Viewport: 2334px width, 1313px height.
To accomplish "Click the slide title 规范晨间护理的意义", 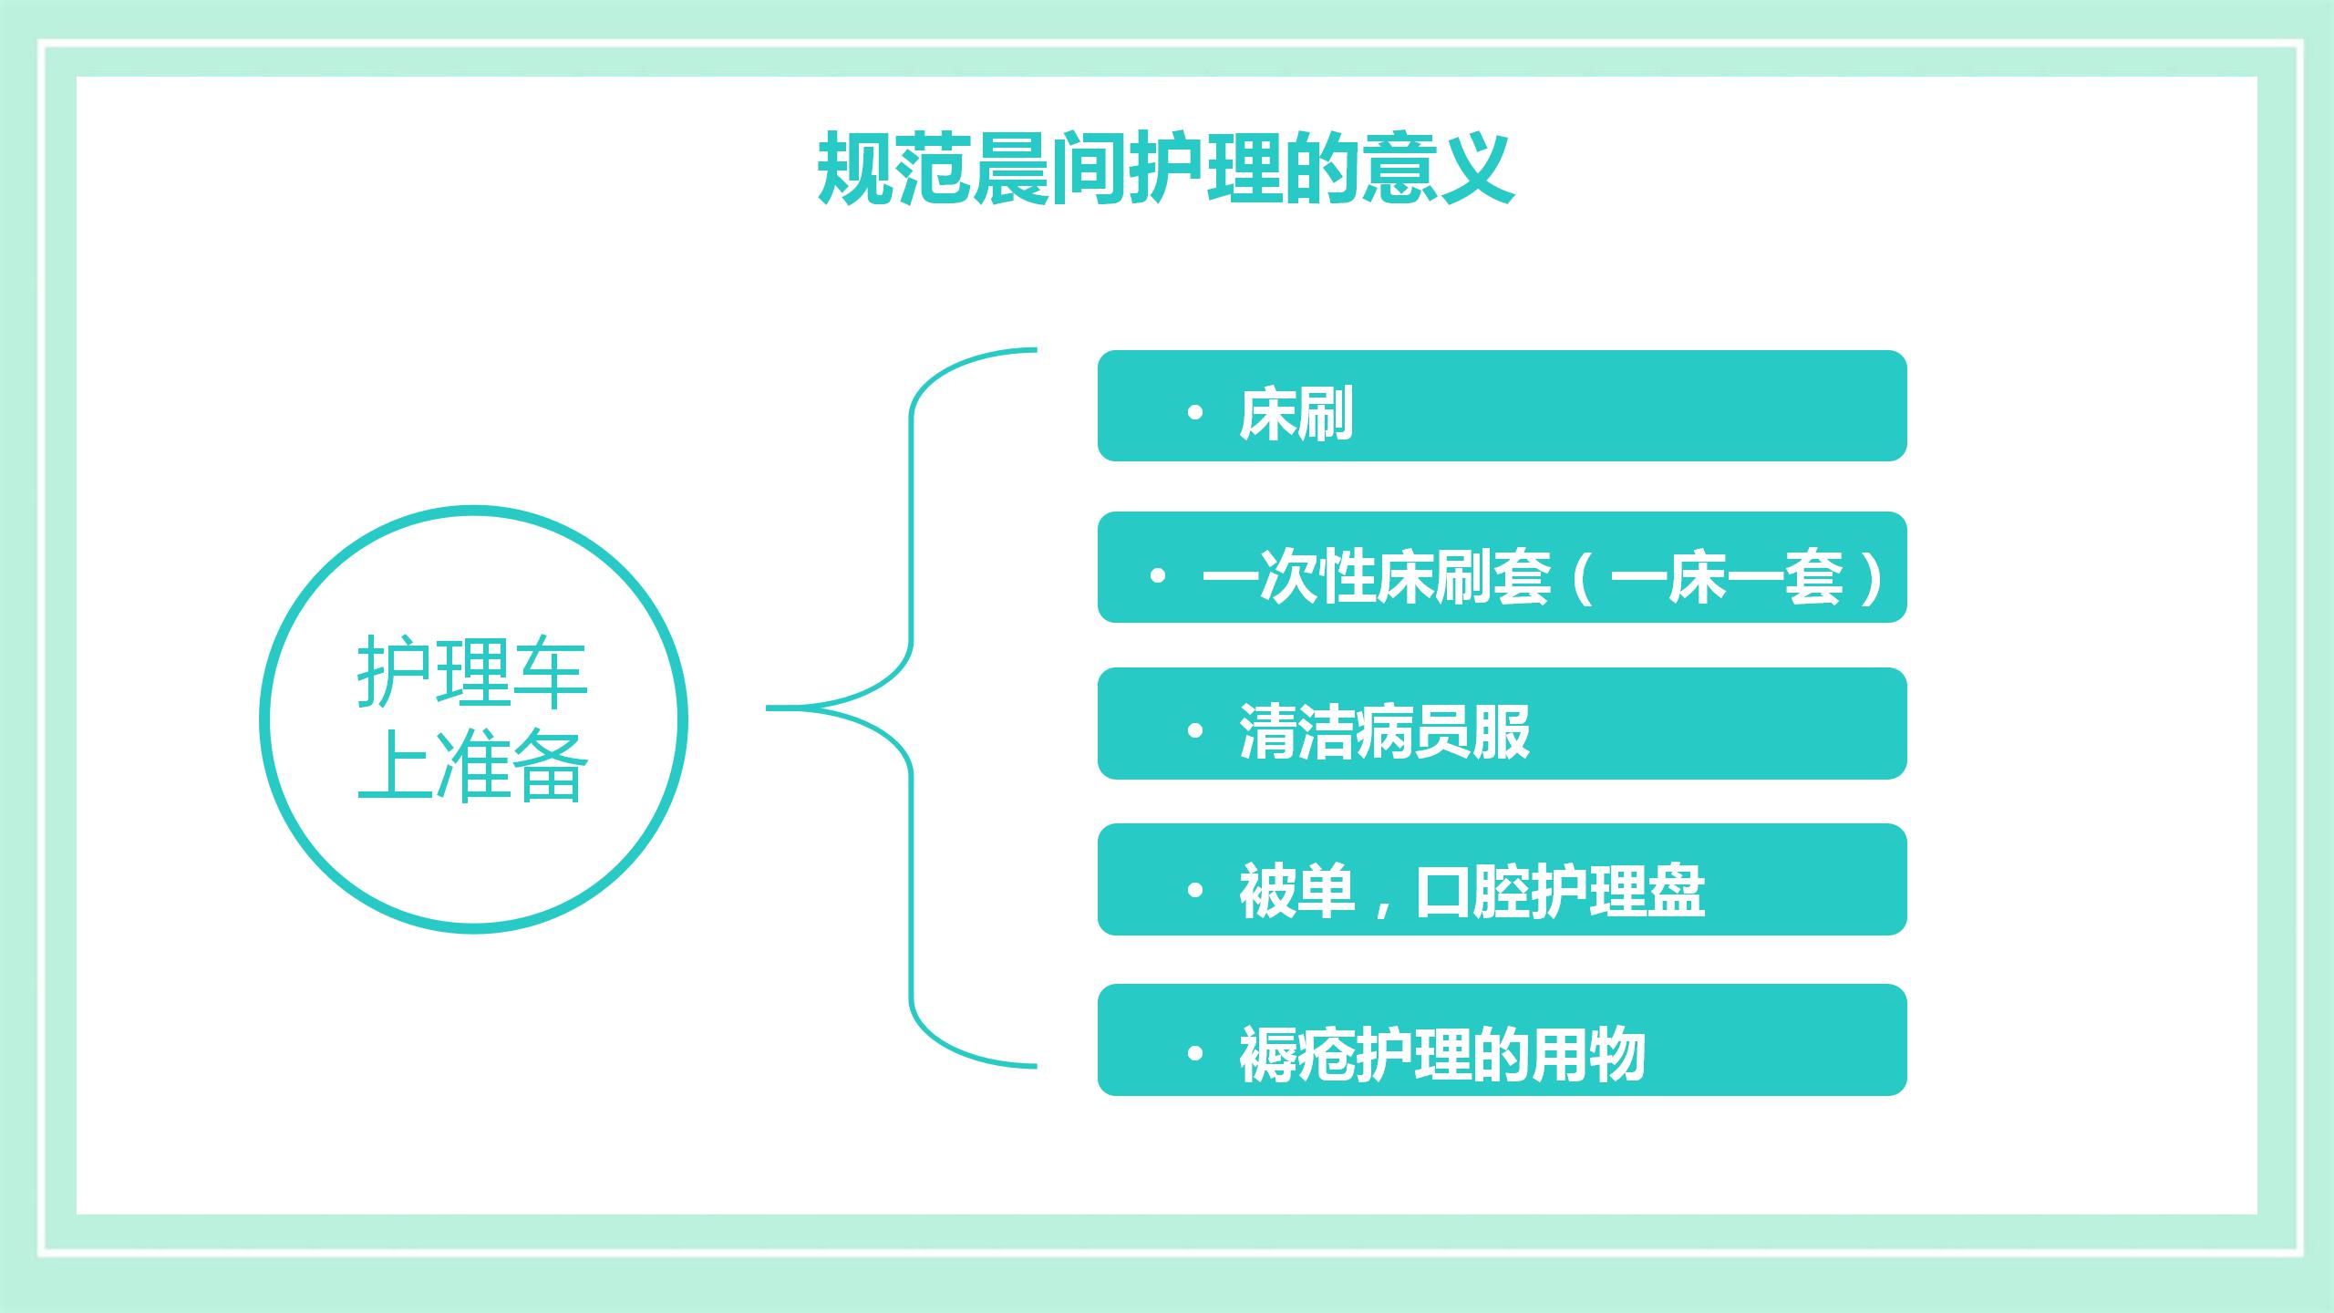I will click(x=1165, y=170).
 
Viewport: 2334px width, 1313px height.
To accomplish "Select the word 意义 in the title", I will click(x=1437, y=170).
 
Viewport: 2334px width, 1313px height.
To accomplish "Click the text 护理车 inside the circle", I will click(x=472, y=673).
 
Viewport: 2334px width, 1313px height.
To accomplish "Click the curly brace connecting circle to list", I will click(x=911, y=708).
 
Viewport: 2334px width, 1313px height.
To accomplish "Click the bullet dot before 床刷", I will click(x=1195, y=413).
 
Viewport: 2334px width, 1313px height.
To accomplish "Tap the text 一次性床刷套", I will click(x=1377, y=576).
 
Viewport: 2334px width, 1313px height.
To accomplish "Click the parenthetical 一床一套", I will click(x=1728, y=576).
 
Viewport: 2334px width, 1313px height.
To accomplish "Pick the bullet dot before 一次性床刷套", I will click(x=1158, y=576).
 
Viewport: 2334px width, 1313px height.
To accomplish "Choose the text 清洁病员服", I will click(x=1384, y=731).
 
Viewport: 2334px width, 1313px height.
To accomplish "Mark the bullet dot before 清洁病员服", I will click(x=1195, y=731).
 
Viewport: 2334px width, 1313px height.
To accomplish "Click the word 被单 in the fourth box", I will click(x=1296, y=890).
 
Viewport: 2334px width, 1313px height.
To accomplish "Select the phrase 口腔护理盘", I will click(x=1559, y=890).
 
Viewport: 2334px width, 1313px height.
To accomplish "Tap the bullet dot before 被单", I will click(x=1195, y=890).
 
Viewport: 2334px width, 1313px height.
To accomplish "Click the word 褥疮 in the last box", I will click(x=1296, y=1054).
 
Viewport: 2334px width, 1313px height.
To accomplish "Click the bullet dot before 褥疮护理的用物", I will click(x=1195, y=1054).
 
